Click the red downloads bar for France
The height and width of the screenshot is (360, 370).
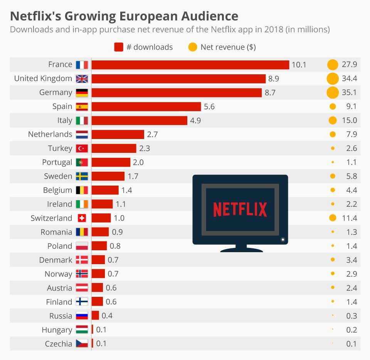pos(190,65)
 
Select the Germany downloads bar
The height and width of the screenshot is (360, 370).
pos(177,93)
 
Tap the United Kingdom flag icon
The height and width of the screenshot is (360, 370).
pos(82,79)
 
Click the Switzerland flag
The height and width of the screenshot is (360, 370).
pos(82,218)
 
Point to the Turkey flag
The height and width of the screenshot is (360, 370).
pos(82,149)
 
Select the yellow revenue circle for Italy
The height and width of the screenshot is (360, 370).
pos(333,121)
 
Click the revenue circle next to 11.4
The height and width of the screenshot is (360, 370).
pos(333,218)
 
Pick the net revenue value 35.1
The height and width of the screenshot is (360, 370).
pos(349,93)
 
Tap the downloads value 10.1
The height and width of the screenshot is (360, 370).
pos(299,65)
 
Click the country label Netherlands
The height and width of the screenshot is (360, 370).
pos(50,134)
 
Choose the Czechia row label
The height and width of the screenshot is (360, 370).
pos(58,344)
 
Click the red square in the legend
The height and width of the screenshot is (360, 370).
pos(119,47)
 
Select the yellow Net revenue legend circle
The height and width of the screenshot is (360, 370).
pos(193,47)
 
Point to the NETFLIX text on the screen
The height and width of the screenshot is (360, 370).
pos(240,210)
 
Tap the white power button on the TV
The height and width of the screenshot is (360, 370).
pos(283,239)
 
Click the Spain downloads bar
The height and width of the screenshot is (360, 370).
pos(146,107)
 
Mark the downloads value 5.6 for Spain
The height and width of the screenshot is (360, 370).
pos(209,107)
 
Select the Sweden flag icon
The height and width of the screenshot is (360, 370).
pos(82,176)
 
